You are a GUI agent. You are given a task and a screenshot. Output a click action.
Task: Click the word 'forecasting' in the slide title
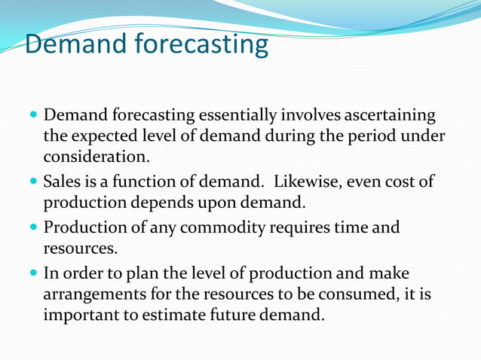202,44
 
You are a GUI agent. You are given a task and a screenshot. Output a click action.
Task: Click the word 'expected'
106,138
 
